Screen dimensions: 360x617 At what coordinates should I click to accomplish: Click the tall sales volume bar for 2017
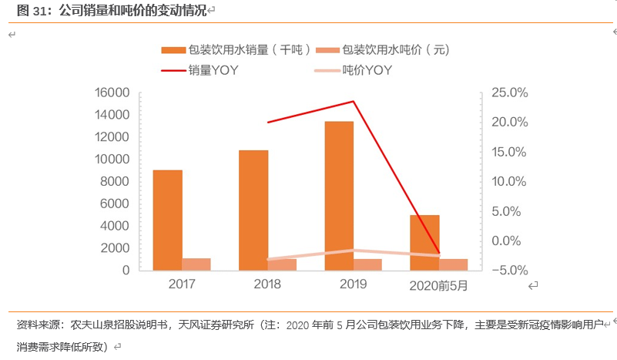pos(167,220)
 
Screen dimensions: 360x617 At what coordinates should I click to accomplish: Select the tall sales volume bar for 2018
pos(253,210)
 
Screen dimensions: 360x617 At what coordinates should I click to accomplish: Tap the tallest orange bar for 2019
pos(339,196)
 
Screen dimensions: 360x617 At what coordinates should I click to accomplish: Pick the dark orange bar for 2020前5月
pos(424,242)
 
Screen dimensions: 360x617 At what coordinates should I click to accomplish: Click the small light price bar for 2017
pos(196,264)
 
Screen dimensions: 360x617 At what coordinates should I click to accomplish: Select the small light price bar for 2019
pos(367,264)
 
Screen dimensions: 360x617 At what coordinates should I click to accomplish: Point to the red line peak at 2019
pos(353,102)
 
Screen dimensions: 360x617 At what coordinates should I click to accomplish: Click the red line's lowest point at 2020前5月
pos(438,253)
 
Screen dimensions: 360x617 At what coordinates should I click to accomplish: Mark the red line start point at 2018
pos(267,123)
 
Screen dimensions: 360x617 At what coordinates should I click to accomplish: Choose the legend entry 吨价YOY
pos(368,70)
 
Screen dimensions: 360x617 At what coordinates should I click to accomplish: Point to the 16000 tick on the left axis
pos(112,93)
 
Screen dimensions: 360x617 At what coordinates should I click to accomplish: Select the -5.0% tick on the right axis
pos(508,271)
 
